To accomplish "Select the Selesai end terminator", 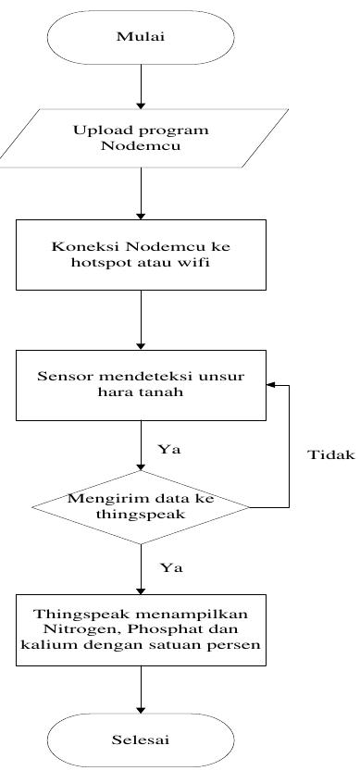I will click(140, 740).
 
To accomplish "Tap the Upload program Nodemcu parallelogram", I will click(142, 137).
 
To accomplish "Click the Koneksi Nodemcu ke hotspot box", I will click(140, 254).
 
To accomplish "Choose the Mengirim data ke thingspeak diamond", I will click(140, 507).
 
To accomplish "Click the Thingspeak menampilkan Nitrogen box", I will click(140, 629).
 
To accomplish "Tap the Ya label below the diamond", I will click(167, 567).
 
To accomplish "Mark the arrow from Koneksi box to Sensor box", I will click(140, 318).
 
